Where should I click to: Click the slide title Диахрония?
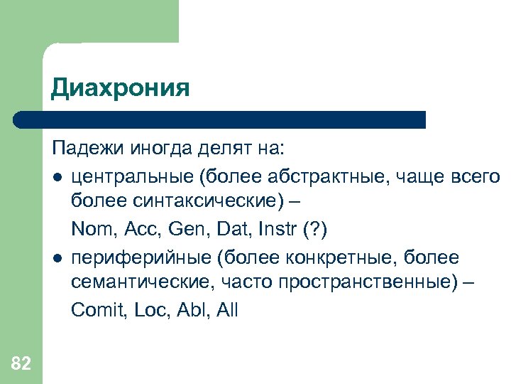click(x=120, y=88)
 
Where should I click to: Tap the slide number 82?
click(x=21, y=364)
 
